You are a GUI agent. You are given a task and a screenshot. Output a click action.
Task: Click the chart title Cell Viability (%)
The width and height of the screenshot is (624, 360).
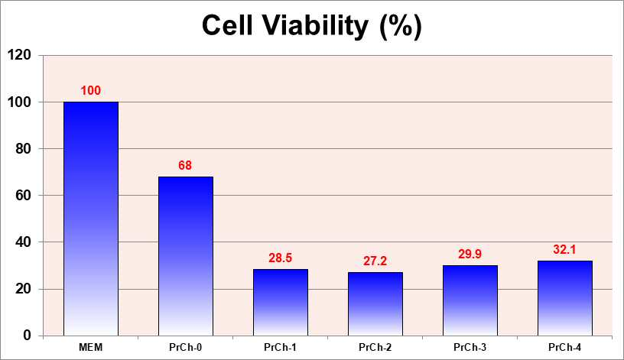311,26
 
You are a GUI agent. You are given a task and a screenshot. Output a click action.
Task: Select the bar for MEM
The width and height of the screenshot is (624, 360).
91,219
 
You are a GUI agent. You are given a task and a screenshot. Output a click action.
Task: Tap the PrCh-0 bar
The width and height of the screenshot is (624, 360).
186,256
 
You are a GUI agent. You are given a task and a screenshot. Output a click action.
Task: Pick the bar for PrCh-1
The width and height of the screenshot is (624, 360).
281,303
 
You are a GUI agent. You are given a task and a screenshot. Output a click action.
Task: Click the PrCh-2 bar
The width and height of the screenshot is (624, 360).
375,304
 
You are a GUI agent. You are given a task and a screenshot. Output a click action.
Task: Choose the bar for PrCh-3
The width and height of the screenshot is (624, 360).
470,300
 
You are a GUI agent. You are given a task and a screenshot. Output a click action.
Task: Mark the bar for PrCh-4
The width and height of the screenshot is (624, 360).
564,298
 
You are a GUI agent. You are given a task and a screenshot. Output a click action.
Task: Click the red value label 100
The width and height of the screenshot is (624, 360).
91,91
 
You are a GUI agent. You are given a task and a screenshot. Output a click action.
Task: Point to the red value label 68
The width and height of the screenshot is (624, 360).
185,166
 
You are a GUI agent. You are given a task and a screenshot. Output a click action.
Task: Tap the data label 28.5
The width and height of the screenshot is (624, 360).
280,258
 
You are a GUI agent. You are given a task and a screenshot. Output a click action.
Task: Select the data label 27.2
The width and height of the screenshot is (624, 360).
375,261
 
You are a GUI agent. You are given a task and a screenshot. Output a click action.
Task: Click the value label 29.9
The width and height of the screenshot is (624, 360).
470,255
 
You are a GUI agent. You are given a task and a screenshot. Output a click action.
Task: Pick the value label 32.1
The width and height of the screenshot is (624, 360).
564,250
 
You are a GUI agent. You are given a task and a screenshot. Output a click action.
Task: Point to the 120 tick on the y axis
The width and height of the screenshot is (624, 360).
20,55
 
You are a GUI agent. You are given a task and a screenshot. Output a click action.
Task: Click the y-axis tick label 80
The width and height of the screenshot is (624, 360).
24,149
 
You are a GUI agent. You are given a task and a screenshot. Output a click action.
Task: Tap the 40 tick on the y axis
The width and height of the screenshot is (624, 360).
24,242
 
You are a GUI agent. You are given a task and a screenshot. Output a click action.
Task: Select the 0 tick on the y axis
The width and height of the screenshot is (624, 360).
27,336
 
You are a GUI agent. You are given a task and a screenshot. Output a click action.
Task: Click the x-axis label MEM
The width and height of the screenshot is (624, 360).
91,348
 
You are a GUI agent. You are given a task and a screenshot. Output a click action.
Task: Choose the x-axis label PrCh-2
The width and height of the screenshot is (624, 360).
375,348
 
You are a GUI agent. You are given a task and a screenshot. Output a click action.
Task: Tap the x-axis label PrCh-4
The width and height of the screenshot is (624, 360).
564,348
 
